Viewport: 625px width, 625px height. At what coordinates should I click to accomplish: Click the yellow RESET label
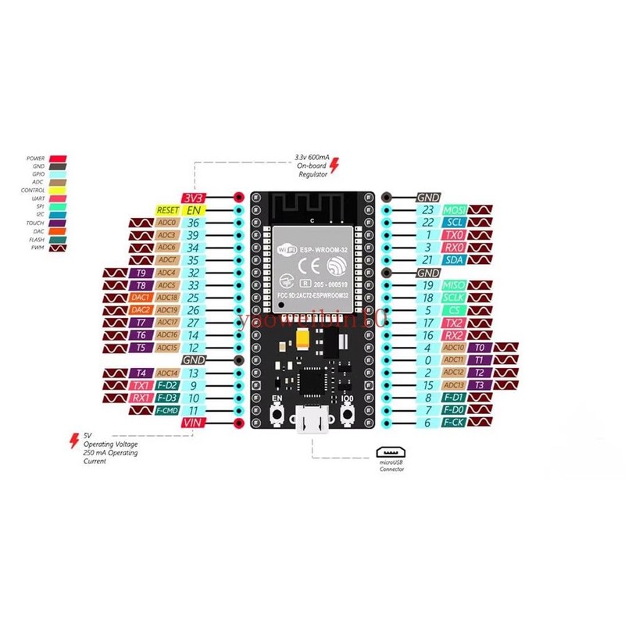pyautogui.click(x=167, y=210)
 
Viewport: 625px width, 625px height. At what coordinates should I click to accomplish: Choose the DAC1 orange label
pyautogui.click(x=141, y=298)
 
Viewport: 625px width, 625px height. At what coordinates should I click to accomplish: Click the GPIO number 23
pyautogui.click(x=427, y=210)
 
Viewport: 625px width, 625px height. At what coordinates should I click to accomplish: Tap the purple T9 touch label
pyautogui.click(x=141, y=273)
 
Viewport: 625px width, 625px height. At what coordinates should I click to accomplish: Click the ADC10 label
pyautogui.click(x=454, y=348)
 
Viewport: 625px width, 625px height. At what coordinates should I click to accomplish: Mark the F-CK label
pyautogui.click(x=454, y=423)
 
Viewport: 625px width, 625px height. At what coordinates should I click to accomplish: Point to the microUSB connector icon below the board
pyautogui.click(x=391, y=452)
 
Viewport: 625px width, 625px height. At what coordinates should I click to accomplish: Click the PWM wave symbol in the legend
pyautogui.click(x=57, y=248)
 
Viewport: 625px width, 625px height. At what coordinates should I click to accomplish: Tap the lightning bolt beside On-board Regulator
pyautogui.click(x=335, y=166)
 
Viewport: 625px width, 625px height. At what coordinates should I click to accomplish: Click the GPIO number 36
pyautogui.click(x=193, y=223)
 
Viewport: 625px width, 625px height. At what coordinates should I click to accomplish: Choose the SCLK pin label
pyautogui.click(x=454, y=298)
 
